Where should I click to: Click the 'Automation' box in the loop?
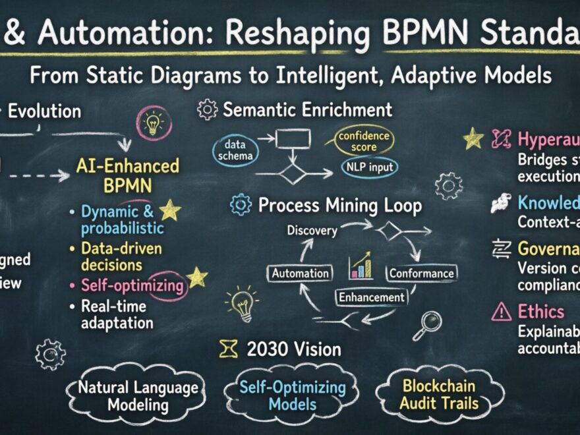coord(301,272)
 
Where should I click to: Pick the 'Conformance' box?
coord(421,272)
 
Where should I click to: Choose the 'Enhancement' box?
coord(371,297)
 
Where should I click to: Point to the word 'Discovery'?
coord(312,231)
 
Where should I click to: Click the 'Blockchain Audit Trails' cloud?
coord(439,393)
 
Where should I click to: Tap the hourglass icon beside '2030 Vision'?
coord(229,349)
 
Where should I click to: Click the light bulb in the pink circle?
coord(152,123)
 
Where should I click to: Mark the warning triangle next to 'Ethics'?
coord(501,311)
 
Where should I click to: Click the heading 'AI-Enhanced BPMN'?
coord(128,174)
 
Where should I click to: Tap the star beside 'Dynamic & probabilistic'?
coord(170,211)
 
